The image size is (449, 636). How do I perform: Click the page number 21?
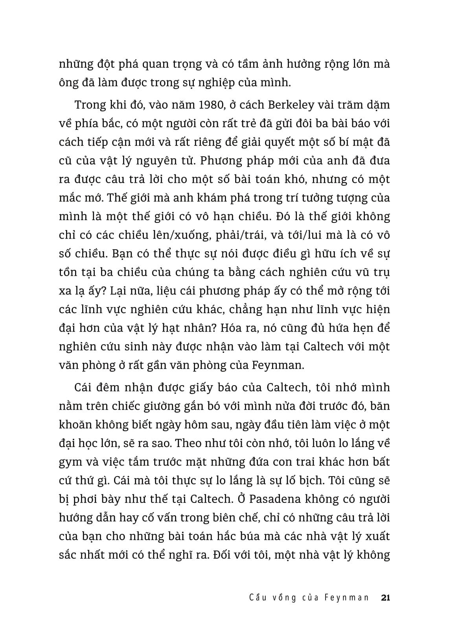click(x=385, y=598)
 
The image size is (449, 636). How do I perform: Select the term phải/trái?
click(x=229, y=235)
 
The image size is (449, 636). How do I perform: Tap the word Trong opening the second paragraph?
click(x=90, y=106)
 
